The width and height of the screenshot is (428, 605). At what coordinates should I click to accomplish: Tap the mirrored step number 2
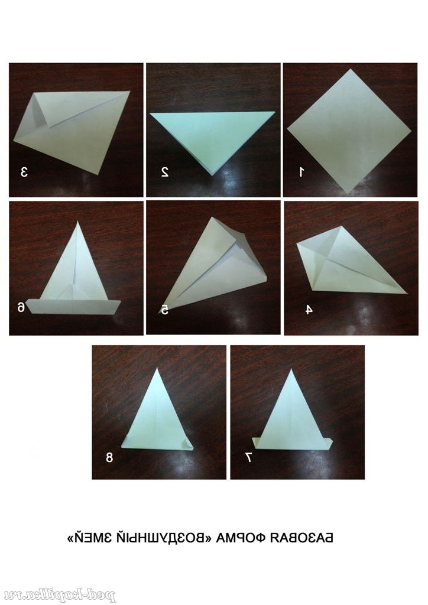pyautogui.click(x=165, y=172)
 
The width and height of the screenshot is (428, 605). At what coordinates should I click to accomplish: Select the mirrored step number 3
pyautogui.click(x=24, y=172)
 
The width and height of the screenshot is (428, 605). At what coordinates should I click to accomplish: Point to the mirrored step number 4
pyautogui.click(x=309, y=310)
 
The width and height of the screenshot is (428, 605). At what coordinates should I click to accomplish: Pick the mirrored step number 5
pyautogui.click(x=165, y=310)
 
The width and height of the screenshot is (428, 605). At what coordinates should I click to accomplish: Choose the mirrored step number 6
pyautogui.click(x=21, y=307)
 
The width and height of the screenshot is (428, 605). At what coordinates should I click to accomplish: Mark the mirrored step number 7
pyautogui.click(x=248, y=457)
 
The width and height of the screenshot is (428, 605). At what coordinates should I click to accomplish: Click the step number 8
pyautogui.click(x=109, y=457)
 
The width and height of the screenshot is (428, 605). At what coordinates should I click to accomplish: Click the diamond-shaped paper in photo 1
pyautogui.click(x=349, y=131)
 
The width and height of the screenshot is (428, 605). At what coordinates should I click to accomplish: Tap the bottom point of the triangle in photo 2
pyautogui.click(x=212, y=175)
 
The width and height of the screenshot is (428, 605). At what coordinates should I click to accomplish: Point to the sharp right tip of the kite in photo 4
pyautogui.click(x=407, y=293)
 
